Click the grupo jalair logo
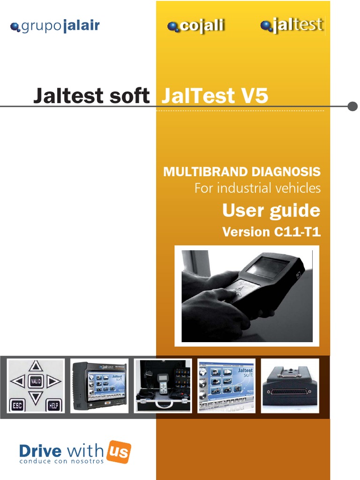[55, 26]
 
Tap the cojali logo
[196, 26]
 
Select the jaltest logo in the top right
[292, 25]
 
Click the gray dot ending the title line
[353, 106]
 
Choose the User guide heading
[271, 210]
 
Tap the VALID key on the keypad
[36, 382]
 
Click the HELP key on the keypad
[53, 404]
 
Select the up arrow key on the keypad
[36, 366]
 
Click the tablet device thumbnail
[99, 386]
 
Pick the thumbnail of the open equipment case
[163, 386]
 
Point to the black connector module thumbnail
[290, 386]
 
